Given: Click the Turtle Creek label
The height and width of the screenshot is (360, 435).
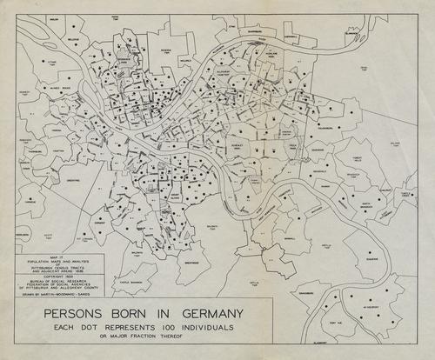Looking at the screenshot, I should click(405, 196).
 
